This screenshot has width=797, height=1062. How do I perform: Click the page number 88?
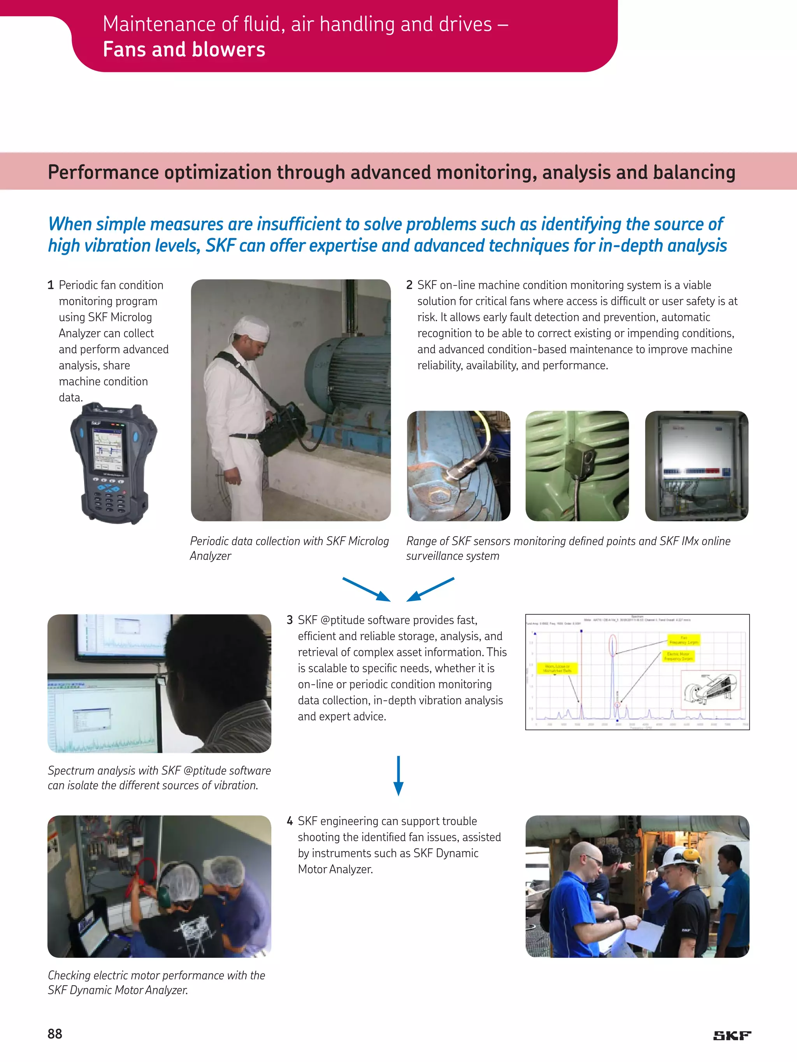[x=55, y=1034]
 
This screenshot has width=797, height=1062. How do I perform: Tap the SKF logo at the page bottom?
[x=732, y=1036]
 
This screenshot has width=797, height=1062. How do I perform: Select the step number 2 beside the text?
[x=409, y=285]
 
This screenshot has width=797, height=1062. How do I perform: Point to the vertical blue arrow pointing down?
[x=398, y=775]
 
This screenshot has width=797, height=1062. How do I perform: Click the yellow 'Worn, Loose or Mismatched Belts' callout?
[x=557, y=668]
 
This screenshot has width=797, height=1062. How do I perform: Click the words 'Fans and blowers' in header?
[x=184, y=49]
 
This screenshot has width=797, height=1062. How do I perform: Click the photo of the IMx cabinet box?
[x=696, y=466]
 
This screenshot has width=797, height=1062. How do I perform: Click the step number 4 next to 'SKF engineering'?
[x=290, y=821]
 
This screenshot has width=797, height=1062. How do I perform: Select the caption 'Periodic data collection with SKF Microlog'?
[x=289, y=541]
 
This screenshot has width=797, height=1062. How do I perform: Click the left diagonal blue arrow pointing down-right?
[x=366, y=589]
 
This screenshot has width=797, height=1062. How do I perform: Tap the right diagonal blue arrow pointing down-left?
[x=430, y=589]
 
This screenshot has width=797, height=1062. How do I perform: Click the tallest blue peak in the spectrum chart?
[x=613, y=672]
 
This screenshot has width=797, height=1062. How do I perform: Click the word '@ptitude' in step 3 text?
[x=342, y=620]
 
